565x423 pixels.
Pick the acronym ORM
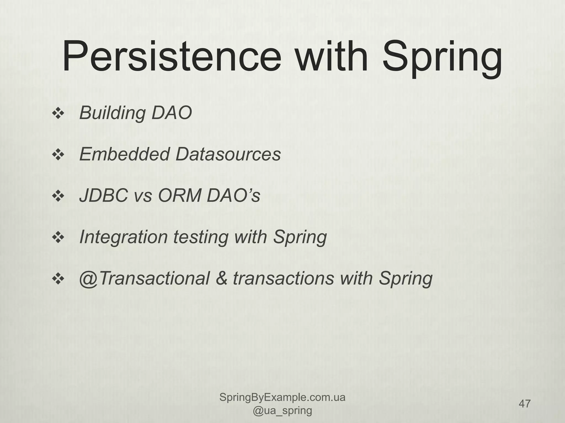tap(179, 196)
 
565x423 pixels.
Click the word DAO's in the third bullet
tap(233, 196)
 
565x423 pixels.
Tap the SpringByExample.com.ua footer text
tap(282, 397)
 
